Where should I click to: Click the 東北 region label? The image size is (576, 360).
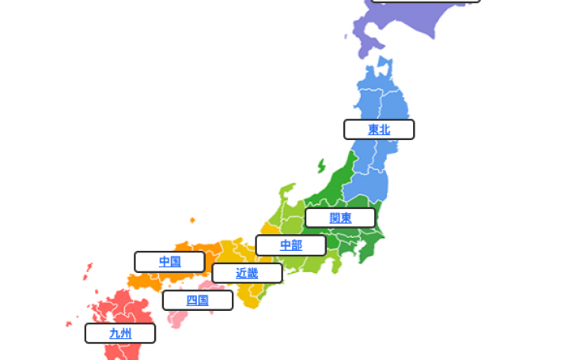379,130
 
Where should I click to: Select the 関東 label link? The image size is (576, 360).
340,218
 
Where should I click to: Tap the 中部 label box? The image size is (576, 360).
290,245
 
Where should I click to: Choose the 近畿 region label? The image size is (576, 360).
247,273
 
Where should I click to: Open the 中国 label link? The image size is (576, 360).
169,261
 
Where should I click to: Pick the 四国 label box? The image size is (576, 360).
197,301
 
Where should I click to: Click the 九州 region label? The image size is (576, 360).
120,334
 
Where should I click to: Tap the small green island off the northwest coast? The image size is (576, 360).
322,166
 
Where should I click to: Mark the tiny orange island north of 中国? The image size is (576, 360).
192,220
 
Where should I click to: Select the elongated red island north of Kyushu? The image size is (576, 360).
88,272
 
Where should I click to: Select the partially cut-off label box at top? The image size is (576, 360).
426,2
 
